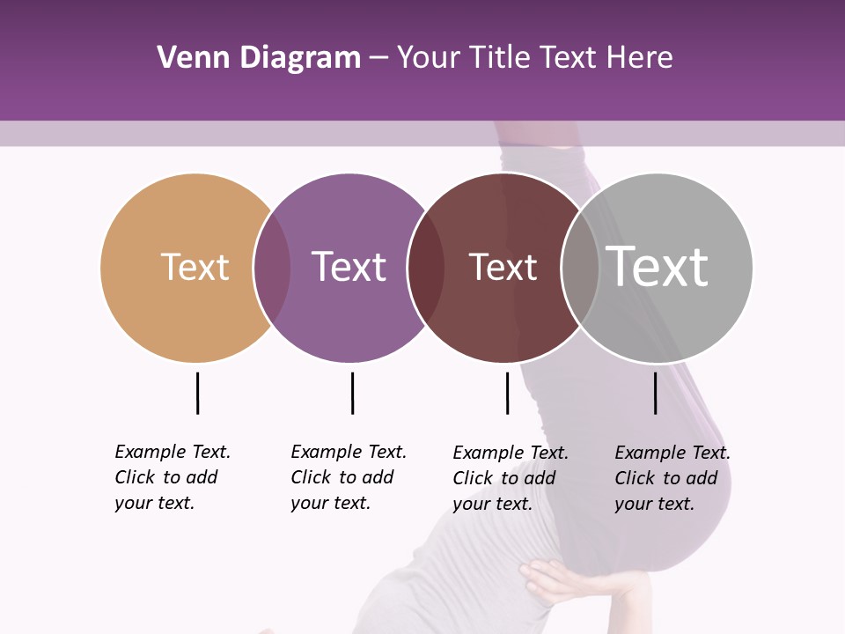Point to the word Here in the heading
(x=641, y=58)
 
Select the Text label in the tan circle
(x=195, y=267)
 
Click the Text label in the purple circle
(x=349, y=267)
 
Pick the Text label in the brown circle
(x=503, y=267)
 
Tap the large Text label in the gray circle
(x=657, y=266)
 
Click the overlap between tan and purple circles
(x=272, y=268)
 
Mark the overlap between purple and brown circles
(x=426, y=268)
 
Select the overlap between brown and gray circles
(x=580, y=268)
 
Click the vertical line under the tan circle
(x=198, y=393)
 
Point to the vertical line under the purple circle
(x=352, y=393)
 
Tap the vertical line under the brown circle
(x=507, y=393)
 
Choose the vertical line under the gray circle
(x=656, y=393)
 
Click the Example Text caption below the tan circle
(x=173, y=477)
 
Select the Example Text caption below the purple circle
(x=349, y=477)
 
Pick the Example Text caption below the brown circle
(x=511, y=478)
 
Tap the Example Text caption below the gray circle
(x=672, y=478)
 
